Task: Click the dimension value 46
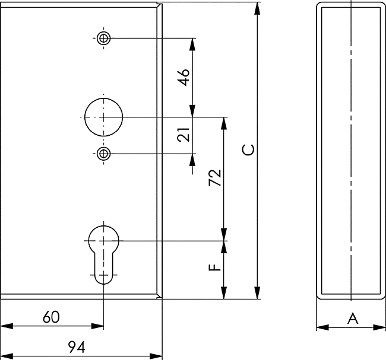[184, 77]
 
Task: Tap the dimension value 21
[183, 134]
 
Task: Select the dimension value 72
[215, 177]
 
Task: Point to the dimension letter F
[214, 267]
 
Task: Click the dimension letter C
[248, 150]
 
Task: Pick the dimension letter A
[353, 318]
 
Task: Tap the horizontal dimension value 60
[51, 317]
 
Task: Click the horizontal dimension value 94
[77, 347]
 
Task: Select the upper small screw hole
[104, 38]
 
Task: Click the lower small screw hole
[104, 154]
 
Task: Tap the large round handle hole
[104, 117]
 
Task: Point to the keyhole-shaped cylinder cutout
[104, 255]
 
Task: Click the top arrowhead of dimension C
[257, 9]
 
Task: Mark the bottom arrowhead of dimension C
[257, 292]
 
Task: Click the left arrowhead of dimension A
[322, 327]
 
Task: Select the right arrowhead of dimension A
[379, 327]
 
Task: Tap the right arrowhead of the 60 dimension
[97, 326]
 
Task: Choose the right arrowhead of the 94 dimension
[156, 356]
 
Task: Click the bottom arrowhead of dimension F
[224, 293]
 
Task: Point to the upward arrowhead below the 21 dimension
[192, 160]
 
